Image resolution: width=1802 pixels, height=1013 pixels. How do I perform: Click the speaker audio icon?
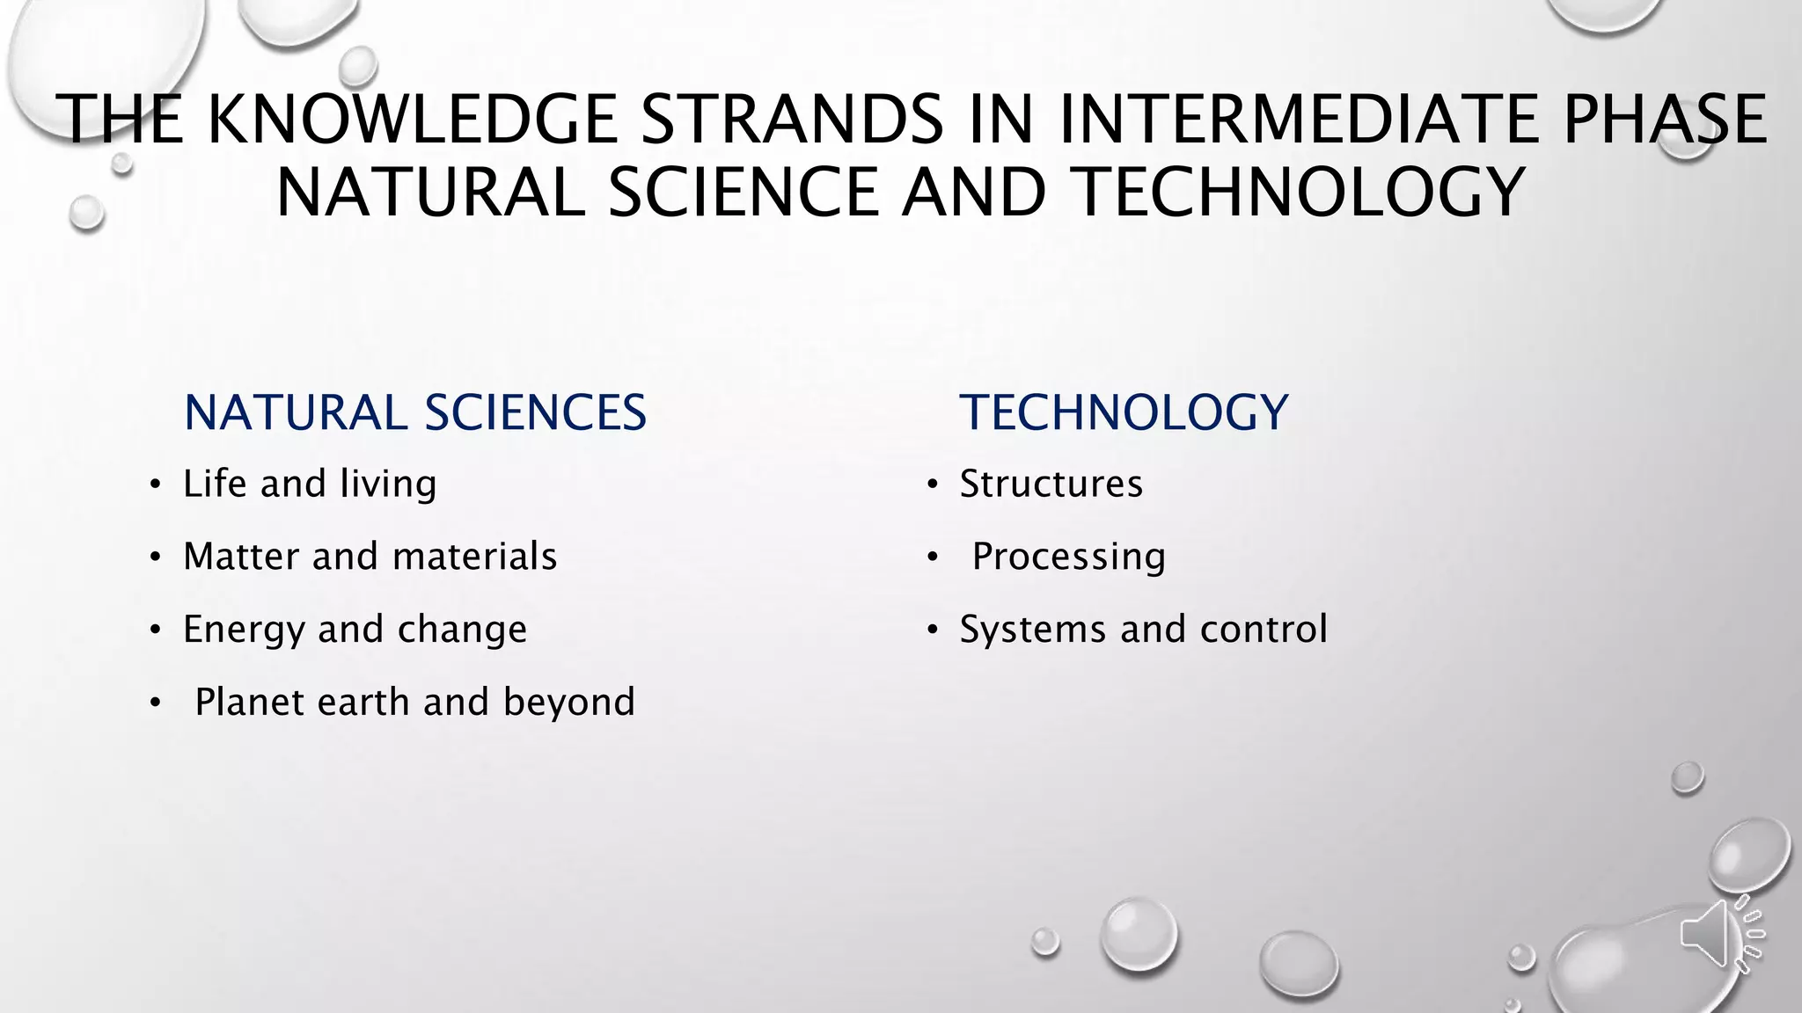[1720, 935]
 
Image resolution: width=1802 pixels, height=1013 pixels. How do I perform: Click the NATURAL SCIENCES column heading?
[414, 412]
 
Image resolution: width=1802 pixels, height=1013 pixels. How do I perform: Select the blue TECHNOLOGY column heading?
[1124, 412]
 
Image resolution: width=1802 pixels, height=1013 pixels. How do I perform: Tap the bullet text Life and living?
[310, 485]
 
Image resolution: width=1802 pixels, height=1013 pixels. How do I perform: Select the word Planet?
[249, 703]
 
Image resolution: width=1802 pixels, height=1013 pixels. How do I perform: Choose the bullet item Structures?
[1051, 485]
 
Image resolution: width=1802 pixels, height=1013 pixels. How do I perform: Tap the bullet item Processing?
[1068, 558]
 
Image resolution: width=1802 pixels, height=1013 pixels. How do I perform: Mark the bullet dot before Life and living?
[155, 485]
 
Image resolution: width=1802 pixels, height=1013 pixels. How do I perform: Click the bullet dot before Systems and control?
[932, 630]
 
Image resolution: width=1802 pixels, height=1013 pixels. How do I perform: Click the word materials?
[474, 557]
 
